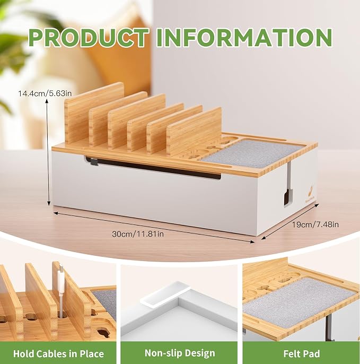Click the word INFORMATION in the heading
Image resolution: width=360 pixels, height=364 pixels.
[x=244, y=38]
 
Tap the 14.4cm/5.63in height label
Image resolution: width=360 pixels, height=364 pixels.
[x=45, y=93]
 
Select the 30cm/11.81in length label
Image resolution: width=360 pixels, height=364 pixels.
[x=138, y=234]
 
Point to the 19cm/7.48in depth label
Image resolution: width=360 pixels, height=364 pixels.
[x=315, y=224]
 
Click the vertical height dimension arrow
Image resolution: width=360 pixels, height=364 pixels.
[x=48, y=152]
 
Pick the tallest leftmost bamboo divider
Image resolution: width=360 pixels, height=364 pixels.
[x=94, y=114]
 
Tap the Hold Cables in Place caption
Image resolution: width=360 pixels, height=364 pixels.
[x=58, y=354]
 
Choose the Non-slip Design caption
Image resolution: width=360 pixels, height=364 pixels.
[x=180, y=353]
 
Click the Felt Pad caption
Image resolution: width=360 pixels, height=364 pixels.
[x=302, y=354]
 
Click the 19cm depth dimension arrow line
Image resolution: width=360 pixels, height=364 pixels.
[x=290, y=222]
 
